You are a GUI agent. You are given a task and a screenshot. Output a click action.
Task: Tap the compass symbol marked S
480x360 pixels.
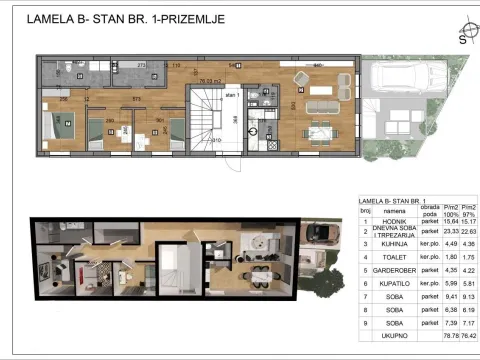pyautogui.click(x=462, y=39)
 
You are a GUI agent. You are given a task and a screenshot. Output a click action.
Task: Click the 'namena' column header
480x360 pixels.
pyautogui.click(x=394, y=210)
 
